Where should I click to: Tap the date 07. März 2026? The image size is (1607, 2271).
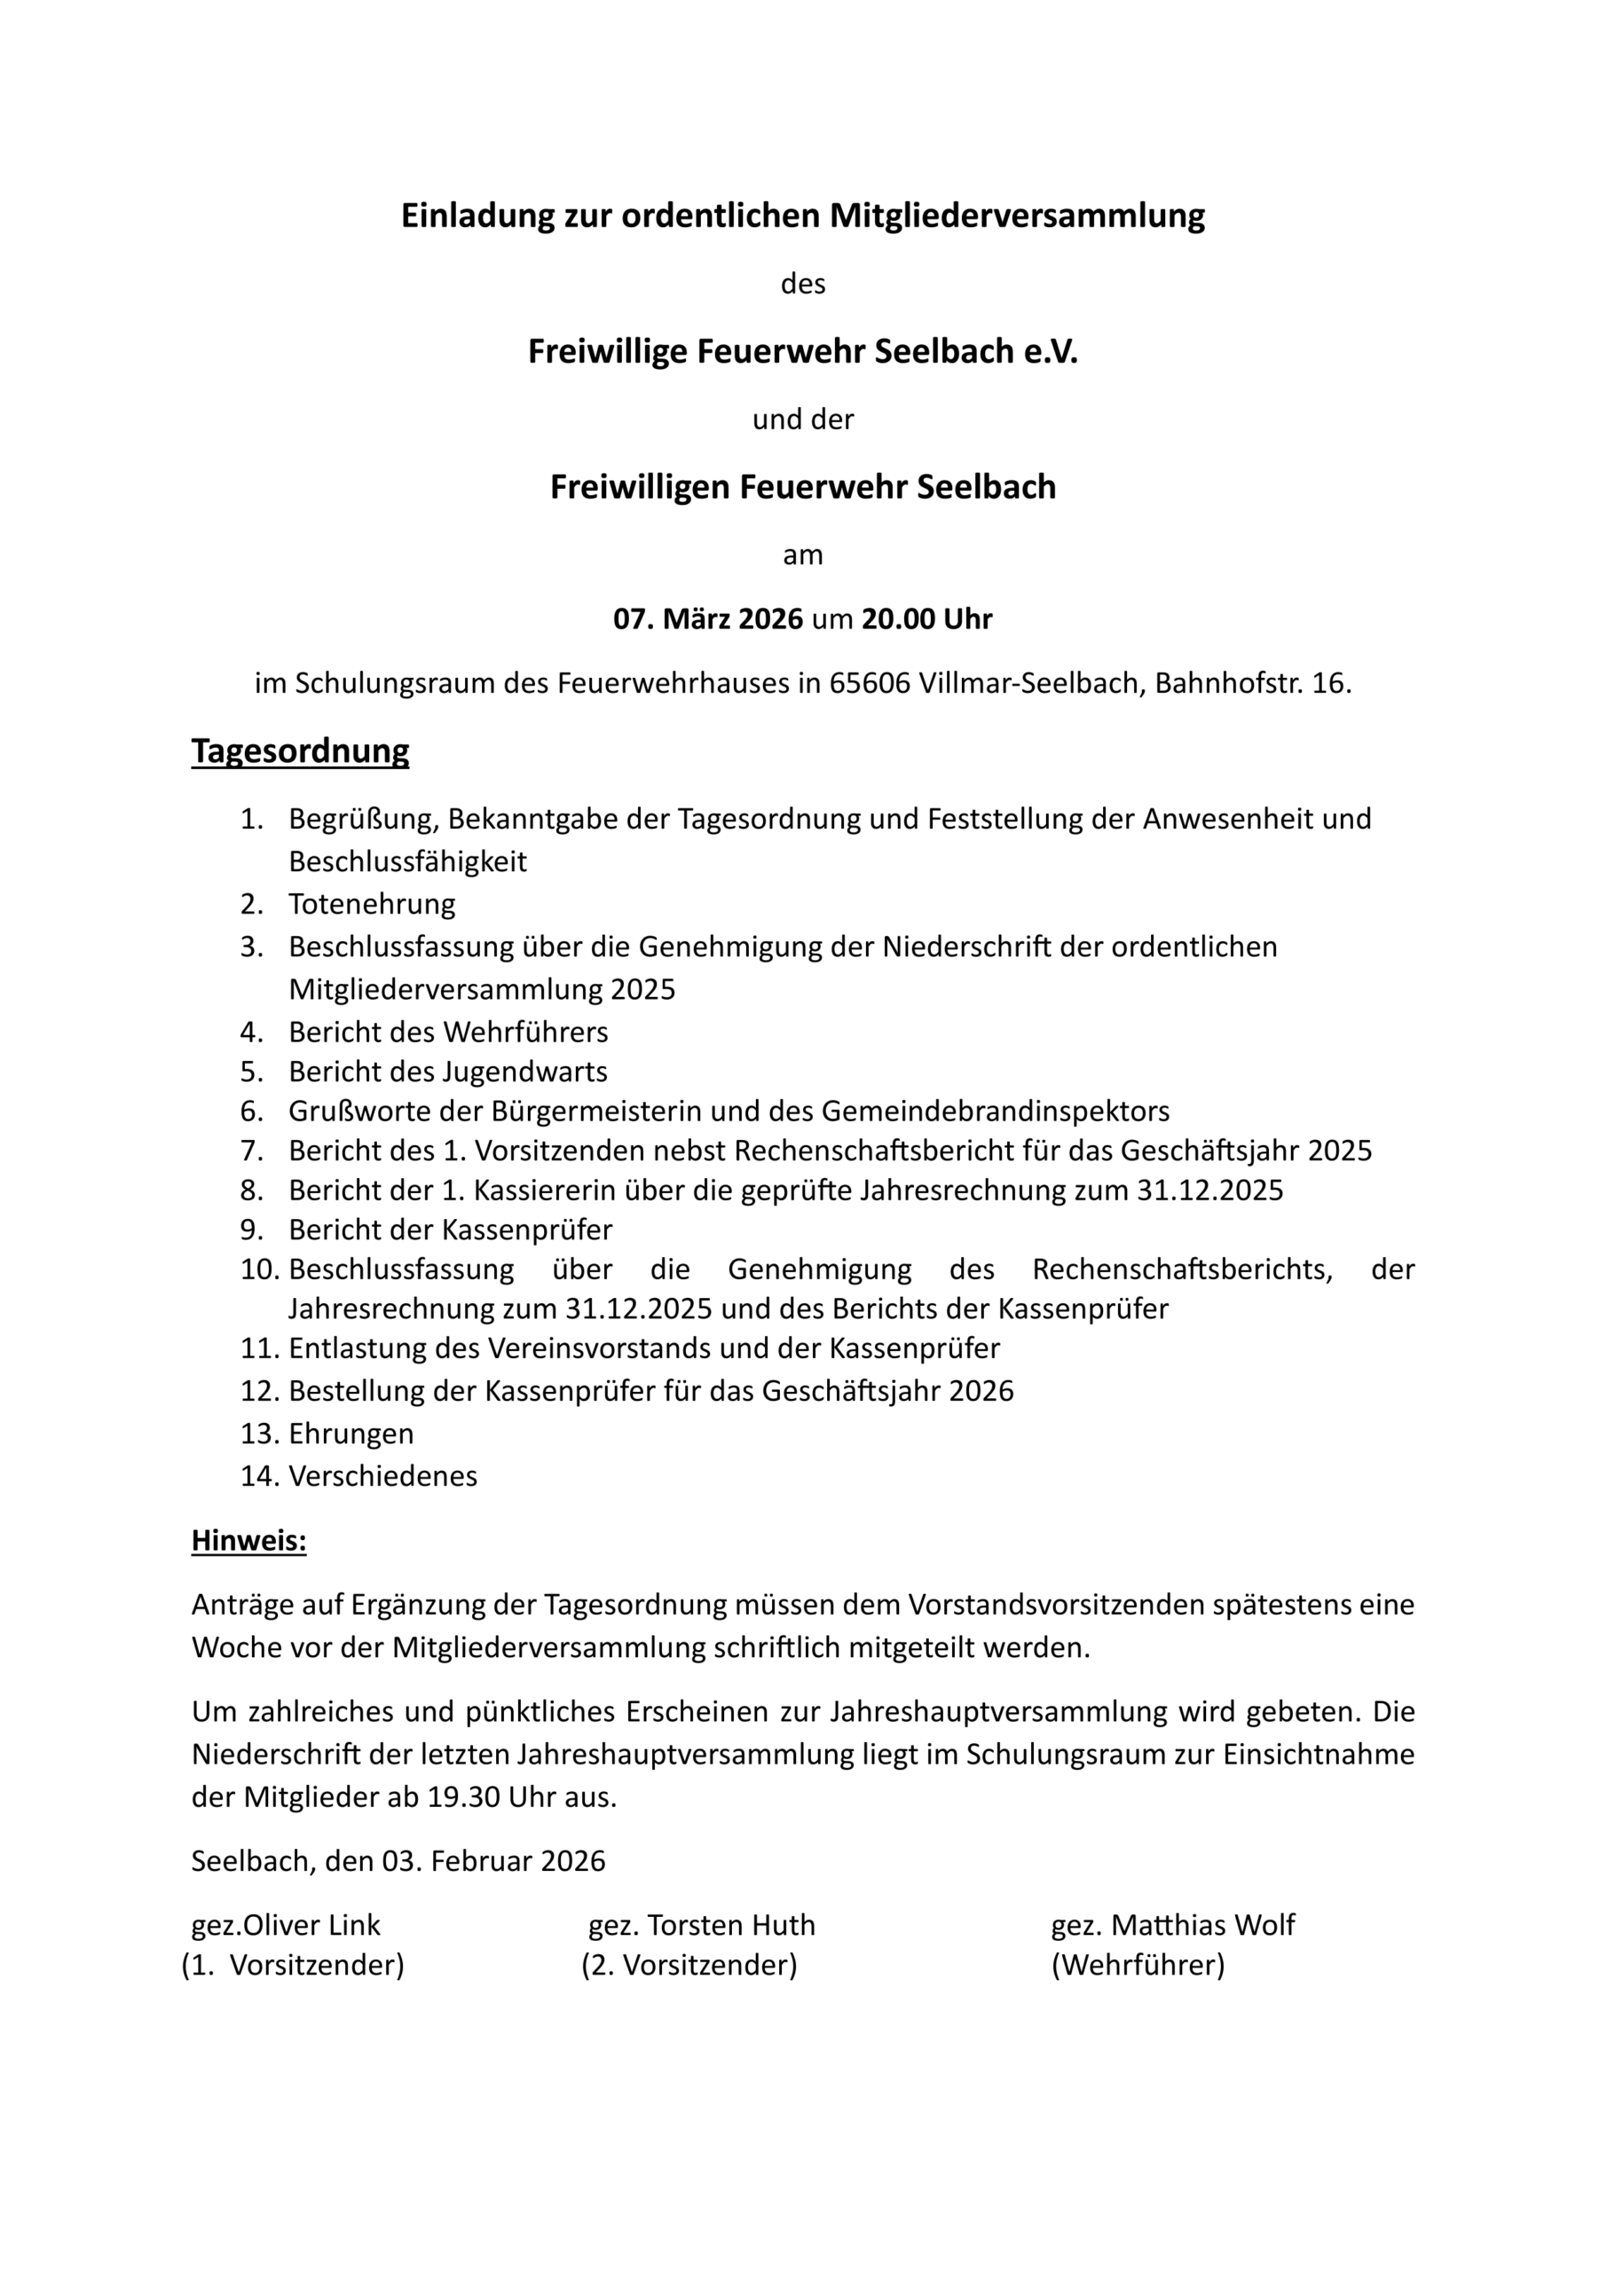pyautogui.click(x=707, y=619)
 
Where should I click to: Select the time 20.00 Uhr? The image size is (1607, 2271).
pyautogui.click(x=926, y=619)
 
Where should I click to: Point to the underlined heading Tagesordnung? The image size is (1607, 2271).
pyautogui.click(x=300, y=750)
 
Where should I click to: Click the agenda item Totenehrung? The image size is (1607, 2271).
pyautogui.click(x=372, y=904)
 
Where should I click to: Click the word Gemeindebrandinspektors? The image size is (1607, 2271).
pyautogui.click(x=995, y=1111)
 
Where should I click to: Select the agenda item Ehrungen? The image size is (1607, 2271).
pyautogui.click(x=351, y=1434)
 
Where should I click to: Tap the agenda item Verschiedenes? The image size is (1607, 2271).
pyautogui.click(x=383, y=1476)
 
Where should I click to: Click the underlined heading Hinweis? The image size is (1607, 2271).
pyautogui.click(x=248, y=1541)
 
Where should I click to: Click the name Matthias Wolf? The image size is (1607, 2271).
pyautogui.click(x=1202, y=1925)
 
